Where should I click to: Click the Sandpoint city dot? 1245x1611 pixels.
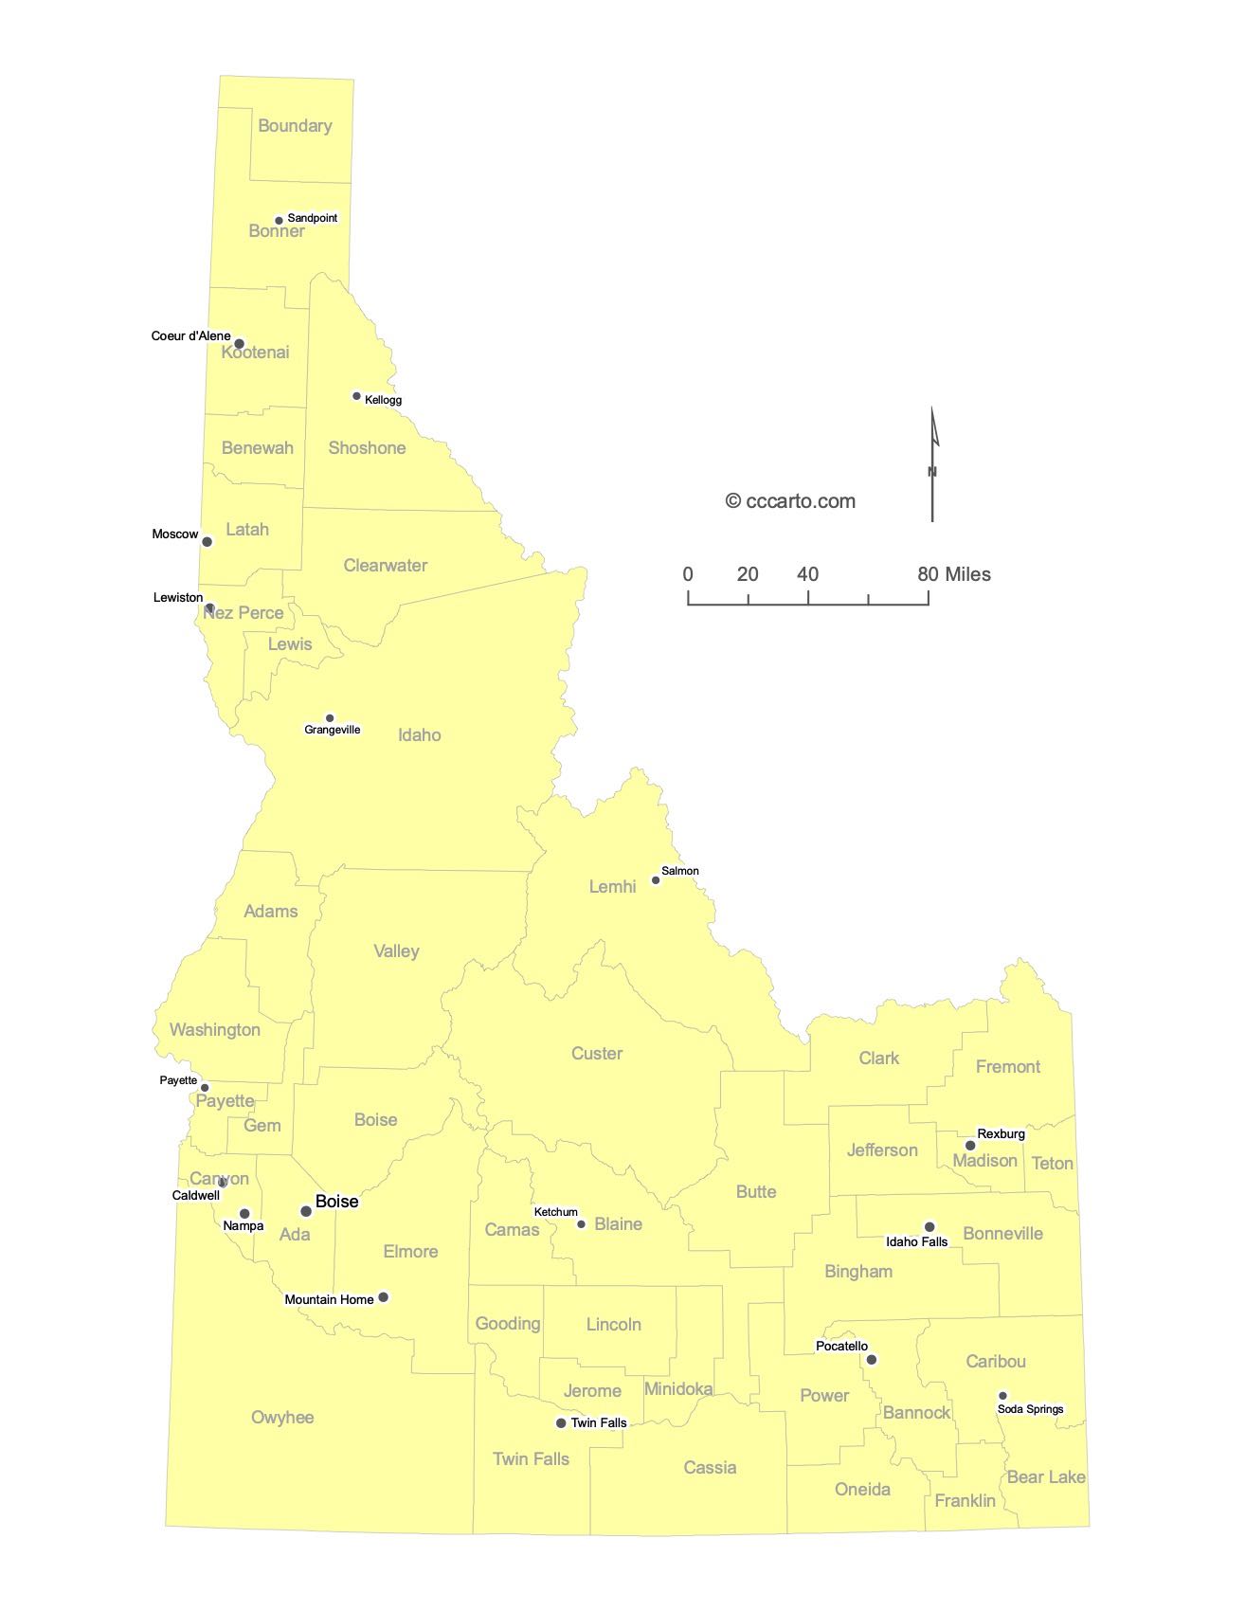pyautogui.click(x=279, y=221)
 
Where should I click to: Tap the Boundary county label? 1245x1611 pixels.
pyautogui.click(x=295, y=126)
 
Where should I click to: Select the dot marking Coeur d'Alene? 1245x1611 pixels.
pyautogui.click(x=240, y=344)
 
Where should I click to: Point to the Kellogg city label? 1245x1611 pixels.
pyautogui.click(x=383, y=400)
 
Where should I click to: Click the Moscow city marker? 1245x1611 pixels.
pyautogui.click(x=207, y=542)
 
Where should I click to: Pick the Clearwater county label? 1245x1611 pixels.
pyautogui.click(x=385, y=566)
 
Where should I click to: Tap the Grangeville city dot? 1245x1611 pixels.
pyautogui.click(x=330, y=718)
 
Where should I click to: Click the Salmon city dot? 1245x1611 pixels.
pyautogui.click(x=656, y=880)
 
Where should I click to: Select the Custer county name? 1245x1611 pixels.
pyautogui.click(x=597, y=1054)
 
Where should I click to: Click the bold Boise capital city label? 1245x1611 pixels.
pyautogui.click(x=336, y=1202)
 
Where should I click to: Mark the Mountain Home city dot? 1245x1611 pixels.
pyautogui.click(x=384, y=1297)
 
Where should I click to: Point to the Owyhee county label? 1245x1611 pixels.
pyautogui.click(x=282, y=1418)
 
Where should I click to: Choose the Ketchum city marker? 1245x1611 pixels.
pyautogui.click(x=582, y=1224)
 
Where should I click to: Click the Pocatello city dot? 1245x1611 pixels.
pyautogui.click(x=872, y=1360)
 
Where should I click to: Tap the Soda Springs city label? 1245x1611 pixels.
pyautogui.click(x=1030, y=1409)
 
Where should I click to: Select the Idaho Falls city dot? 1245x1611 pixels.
pyautogui.click(x=929, y=1227)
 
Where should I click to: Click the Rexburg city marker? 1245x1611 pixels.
pyautogui.click(x=970, y=1146)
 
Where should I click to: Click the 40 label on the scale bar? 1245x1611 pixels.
pyautogui.click(x=807, y=574)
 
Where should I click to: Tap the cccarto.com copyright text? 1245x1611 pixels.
pyautogui.click(x=790, y=501)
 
